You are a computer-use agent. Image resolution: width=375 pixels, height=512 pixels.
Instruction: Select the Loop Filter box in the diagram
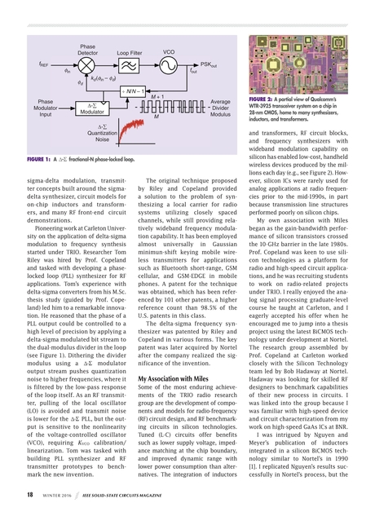(x=129, y=64)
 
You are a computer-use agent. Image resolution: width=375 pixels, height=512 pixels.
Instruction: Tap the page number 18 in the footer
(x=29, y=492)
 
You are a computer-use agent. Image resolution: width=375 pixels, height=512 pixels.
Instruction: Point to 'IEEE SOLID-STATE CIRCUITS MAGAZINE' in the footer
(x=129, y=493)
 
